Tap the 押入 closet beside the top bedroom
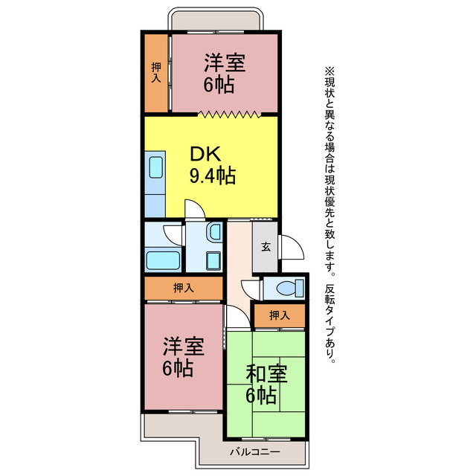point(156,72)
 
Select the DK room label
point(204,155)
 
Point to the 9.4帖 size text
point(212,176)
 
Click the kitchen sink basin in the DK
point(155,167)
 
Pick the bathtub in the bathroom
point(164,260)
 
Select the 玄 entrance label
point(265,248)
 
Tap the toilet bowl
point(288,287)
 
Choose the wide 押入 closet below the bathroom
point(183,288)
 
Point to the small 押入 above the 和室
point(278,316)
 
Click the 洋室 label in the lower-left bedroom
point(183,346)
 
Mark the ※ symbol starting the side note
point(330,71)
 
